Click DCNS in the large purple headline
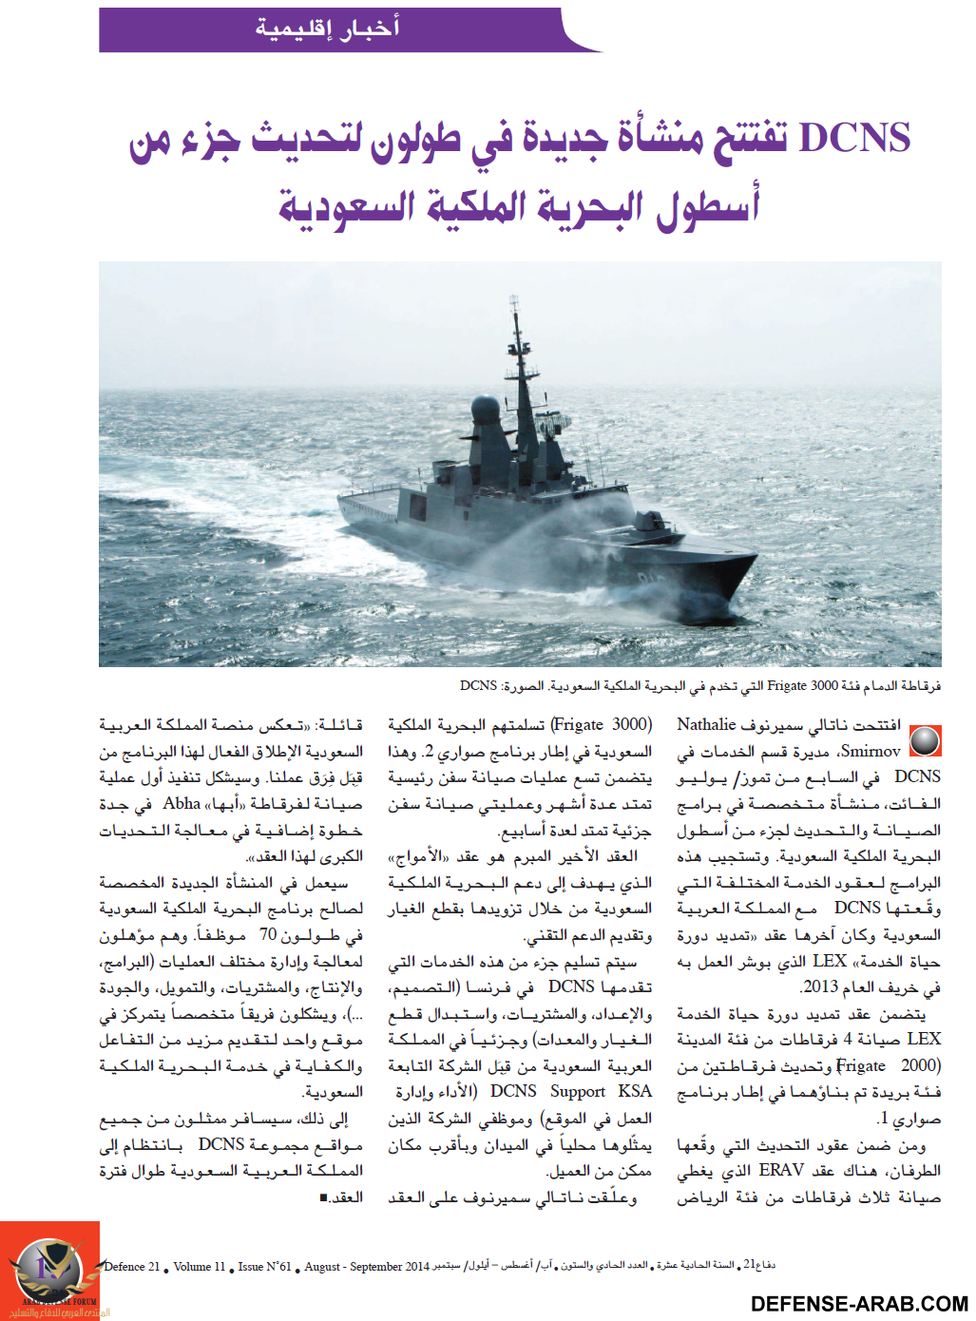coord(854,139)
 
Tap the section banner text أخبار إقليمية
coord(327,29)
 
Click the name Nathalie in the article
coord(707,724)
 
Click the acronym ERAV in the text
coord(781,1170)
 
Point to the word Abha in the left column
coord(182,803)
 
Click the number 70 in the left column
coord(268,934)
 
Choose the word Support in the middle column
coord(577,1091)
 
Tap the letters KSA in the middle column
coord(635,1091)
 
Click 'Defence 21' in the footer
coord(132,1267)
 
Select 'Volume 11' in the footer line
coord(200,1267)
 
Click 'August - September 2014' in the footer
coord(367,1267)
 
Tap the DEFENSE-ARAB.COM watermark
coord(859,1304)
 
